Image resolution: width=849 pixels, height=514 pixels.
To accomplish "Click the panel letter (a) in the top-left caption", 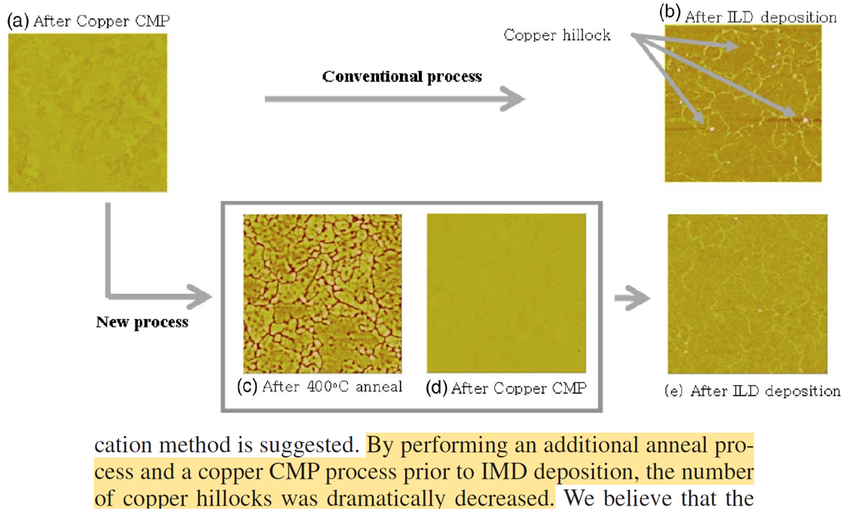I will (x=18, y=20).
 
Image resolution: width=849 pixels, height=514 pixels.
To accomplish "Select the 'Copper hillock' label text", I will (x=557, y=35).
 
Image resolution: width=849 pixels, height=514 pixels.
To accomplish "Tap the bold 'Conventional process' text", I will (x=402, y=76).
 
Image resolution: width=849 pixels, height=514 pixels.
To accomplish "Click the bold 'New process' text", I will (x=142, y=323).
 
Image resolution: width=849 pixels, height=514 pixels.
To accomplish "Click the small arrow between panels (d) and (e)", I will (x=631, y=299).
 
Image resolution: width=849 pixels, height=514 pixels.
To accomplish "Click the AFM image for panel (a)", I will (x=87, y=112).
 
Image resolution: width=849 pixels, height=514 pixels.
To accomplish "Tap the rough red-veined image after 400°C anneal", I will (x=322, y=292).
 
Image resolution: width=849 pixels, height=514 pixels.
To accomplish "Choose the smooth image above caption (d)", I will (x=505, y=292).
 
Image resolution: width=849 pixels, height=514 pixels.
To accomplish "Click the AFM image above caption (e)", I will (x=747, y=294).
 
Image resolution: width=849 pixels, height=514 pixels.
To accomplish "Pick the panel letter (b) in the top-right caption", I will (x=670, y=14).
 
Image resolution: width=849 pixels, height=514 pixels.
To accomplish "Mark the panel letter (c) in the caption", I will (x=248, y=387).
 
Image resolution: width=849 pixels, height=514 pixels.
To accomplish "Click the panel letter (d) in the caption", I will (x=437, y=388).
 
